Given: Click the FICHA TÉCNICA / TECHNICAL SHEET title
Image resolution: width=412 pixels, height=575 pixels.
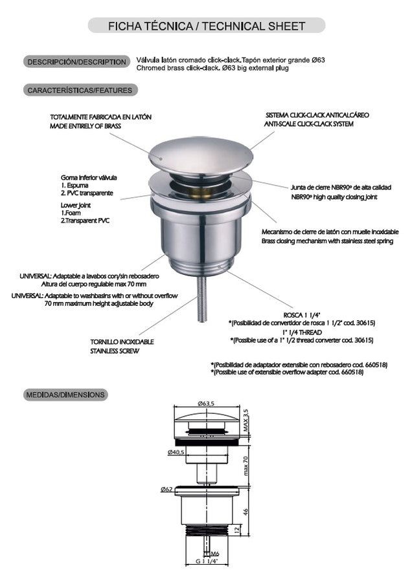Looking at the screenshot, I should coord(206,26).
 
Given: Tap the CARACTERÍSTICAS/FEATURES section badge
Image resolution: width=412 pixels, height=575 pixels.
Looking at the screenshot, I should coord(80,91).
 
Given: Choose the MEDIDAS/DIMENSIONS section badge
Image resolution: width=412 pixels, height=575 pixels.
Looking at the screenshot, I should coord(65,394).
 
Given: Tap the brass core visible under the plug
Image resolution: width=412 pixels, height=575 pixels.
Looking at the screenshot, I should coord(201,192).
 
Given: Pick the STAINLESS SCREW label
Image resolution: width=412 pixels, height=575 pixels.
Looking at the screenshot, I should coord(115,351).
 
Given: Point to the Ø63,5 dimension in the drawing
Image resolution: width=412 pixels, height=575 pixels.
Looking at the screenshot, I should coord(207,403).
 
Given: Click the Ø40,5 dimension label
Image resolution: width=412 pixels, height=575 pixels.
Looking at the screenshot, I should coord(176,451).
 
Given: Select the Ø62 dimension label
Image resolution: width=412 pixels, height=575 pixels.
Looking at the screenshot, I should coord(166,490).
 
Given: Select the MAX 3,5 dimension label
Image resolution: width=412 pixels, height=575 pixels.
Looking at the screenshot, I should coord(246,420).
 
